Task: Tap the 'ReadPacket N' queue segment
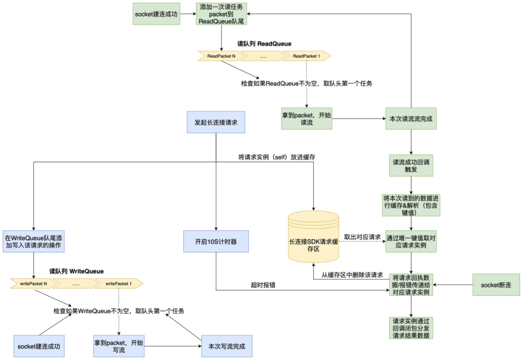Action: coord(220,56)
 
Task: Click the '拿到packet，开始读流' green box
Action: coord(307,119)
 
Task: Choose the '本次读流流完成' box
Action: coord(411,119)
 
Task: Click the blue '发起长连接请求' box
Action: coord(216,122)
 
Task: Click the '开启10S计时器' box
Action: coord(216,241)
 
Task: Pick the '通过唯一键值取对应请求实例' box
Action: coord(411,241)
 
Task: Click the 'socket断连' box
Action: coord(496,285)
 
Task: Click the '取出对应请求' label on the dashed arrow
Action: coord(362,237)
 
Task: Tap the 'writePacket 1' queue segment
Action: coord(119,283)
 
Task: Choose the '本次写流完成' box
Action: coord(227,346)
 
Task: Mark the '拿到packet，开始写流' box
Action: coord(119,346)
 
